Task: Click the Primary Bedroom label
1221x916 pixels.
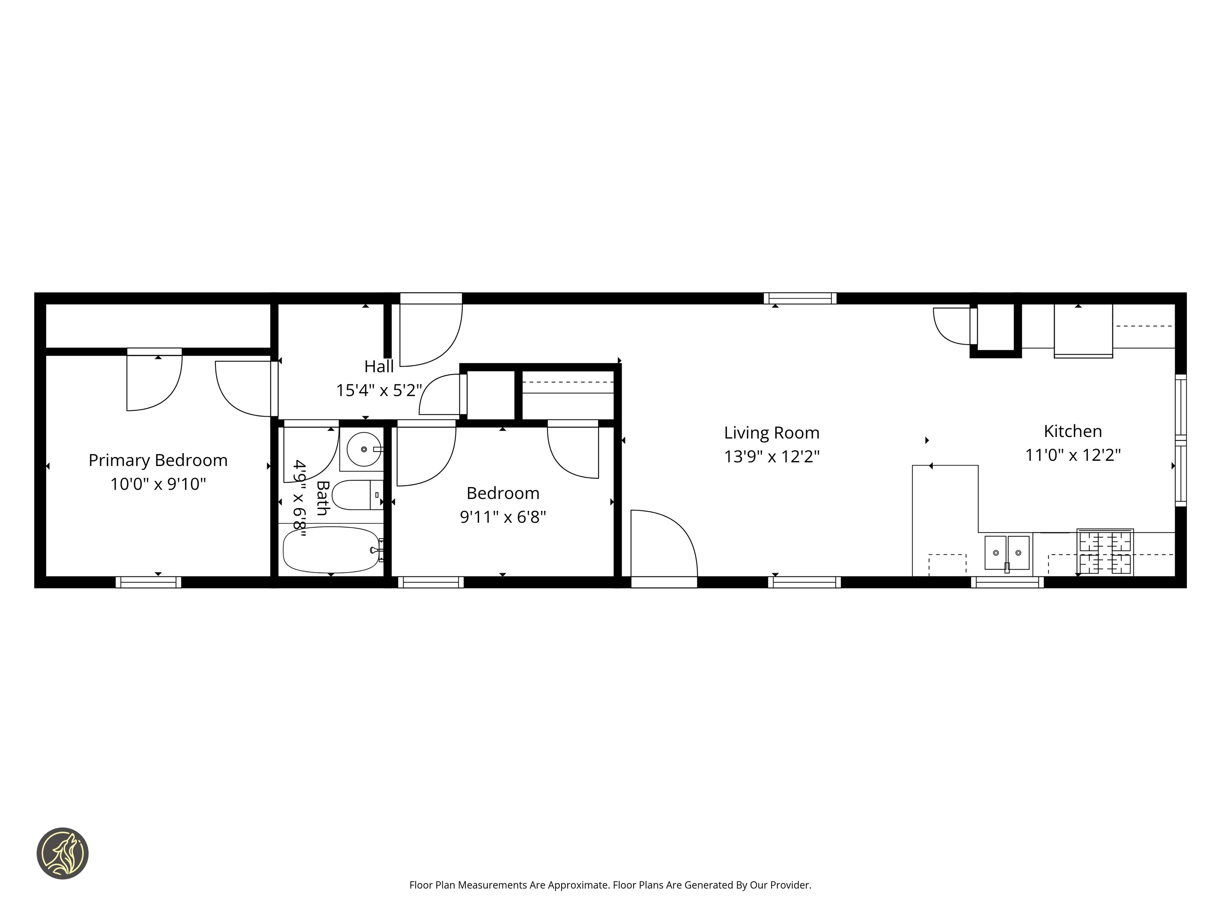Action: point(158,460)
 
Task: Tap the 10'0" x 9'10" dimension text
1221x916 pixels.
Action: point(158,484)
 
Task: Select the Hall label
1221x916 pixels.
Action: point(379,367)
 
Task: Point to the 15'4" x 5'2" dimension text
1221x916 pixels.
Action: point(379,391)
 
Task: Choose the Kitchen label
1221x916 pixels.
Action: point(1072,431)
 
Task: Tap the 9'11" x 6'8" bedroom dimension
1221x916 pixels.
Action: point(502,517)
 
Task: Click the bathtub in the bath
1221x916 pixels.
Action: point(331,550)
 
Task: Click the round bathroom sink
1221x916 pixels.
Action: point(363,449)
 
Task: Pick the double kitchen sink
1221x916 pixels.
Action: point(1006,553)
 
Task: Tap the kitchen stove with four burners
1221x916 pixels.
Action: point(1105,552)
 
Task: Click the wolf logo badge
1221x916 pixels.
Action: point(62,853)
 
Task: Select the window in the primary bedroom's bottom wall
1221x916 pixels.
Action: point(148,582)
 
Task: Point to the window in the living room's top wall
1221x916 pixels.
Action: point(799,299)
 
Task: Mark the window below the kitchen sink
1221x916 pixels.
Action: point(1006,582)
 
